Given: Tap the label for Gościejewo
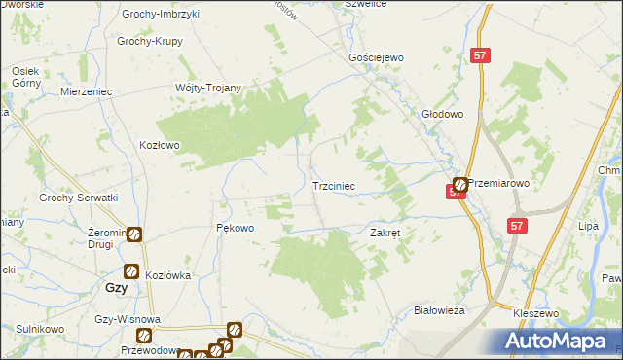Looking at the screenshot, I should tap(376, 58).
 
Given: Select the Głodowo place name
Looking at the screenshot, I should tap(443, 113).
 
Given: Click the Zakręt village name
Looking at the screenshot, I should tap(386, 233).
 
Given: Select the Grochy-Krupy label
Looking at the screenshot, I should tap(151, 42).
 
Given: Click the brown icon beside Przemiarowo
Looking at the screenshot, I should tap(459, 184).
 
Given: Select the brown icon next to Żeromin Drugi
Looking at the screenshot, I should tap(134, 234).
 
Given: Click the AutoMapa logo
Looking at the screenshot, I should tap(558, 341).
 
